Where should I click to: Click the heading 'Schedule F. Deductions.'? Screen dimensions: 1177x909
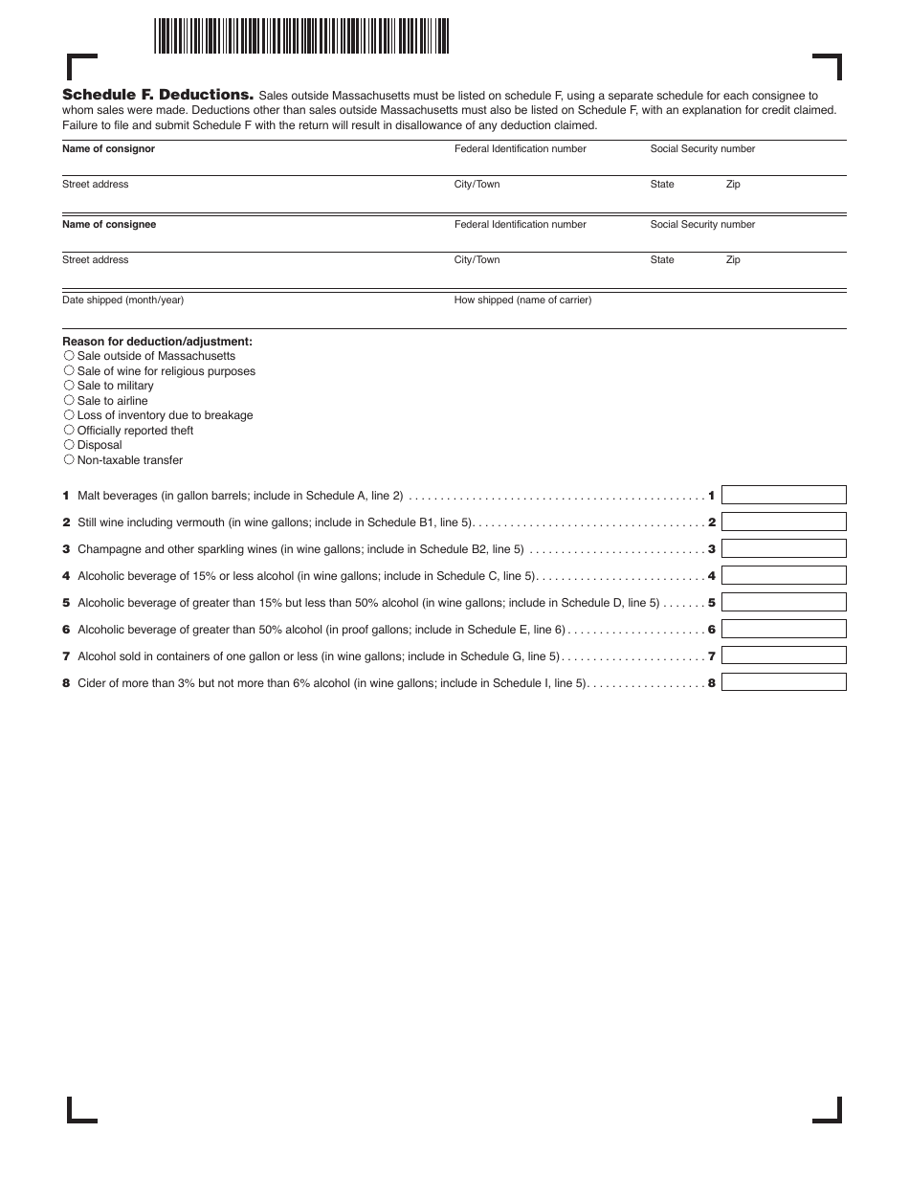(158, 95)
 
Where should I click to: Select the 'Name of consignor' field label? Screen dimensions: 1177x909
(108, 149)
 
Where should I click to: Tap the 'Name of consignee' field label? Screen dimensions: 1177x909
(109, 225)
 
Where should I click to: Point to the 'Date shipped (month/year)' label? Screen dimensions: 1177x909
(122, 300)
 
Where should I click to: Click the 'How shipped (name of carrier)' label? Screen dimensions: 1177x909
(522, 300)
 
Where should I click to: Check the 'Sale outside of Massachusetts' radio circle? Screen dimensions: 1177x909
(69, 356)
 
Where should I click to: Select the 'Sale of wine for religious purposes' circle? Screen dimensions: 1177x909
(69, 370)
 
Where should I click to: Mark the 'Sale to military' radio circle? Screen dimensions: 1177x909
(69, 386)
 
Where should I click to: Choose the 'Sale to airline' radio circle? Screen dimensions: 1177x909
(69, 400)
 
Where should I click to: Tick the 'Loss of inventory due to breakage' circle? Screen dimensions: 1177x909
(69, 415)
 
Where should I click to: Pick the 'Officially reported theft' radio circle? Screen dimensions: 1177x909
(69, 431)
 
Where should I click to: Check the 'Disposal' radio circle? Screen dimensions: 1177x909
(69, 445)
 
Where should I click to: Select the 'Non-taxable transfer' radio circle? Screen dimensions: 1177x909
(69, 460)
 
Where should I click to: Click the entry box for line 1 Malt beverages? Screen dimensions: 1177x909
(784, 496)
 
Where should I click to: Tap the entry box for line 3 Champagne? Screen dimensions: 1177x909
(784, 549)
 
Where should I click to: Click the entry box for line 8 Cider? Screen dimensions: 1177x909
(784, 682)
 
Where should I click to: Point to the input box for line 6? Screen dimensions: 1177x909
(784, 630)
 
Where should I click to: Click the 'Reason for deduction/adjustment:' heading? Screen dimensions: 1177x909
(157, 342)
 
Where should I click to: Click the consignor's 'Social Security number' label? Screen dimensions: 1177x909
(702, 149)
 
